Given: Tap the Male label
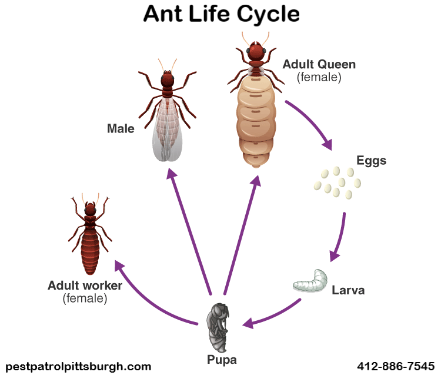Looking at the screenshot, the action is click(121, 129).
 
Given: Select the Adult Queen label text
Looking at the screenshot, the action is click(319, 65).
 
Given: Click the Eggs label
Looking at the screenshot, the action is click(371, 161).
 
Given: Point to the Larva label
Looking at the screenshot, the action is click(348, 290).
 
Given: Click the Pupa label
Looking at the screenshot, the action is click(222, 360).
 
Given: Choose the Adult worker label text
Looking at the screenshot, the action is click(85, 286).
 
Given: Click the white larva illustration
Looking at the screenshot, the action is click(311, 281).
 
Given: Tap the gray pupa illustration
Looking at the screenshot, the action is click(218, 327).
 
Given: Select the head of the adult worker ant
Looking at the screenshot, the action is click(91, 209).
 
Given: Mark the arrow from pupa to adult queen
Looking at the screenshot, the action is click(242, 234).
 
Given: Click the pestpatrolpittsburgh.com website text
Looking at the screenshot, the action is click(78, 367).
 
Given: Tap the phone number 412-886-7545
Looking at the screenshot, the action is click(396, 366).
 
